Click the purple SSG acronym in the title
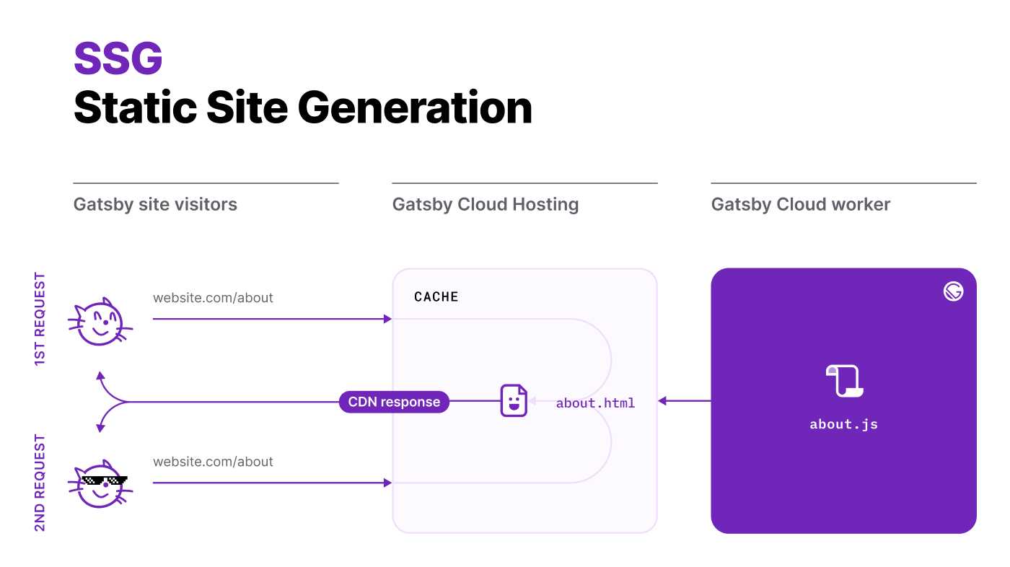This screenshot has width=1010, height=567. point(118,58)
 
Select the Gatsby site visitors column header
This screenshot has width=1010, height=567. point(155,204)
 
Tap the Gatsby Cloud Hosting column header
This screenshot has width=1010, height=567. point(486,204)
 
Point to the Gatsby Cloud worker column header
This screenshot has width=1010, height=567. point(801,204)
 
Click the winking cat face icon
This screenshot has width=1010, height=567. point(100,322)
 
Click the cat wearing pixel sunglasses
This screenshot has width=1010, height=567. point(100,484)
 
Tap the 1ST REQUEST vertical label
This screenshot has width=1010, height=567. point(40,319)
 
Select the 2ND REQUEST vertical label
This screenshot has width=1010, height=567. point(40,482)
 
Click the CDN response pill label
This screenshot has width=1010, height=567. point(394,402)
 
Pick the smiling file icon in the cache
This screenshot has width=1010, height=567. point(514,401)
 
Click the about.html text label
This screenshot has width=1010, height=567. point(595,403)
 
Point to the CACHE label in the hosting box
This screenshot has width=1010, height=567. point(436,296)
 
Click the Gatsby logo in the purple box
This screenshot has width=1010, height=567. point(953,291)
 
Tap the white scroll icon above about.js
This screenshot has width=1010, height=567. point(844,381)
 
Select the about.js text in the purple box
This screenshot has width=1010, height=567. point(843,424)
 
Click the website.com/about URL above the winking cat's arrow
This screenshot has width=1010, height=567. point(213,297)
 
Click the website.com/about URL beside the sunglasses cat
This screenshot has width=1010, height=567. point(213,462)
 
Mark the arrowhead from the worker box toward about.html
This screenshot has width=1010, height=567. point(662,401)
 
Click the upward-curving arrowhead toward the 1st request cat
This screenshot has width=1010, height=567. point(100,376)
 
